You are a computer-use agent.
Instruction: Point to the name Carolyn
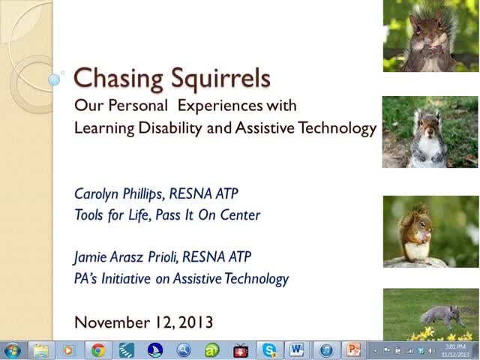click(98, 193)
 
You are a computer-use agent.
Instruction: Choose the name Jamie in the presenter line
click(90, 257)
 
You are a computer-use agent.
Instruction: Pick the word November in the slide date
click(109, 322)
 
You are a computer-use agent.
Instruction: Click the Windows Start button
click(12, 350)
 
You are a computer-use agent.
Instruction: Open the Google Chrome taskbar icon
click(97, 350)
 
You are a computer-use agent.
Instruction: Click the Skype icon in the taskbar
click(268, 350)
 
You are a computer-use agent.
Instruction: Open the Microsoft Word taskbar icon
click(297, 350)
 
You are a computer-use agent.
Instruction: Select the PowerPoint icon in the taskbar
click(353, 350)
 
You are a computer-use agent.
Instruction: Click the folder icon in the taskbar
click(40, 350)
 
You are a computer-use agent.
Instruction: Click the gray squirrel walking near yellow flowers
click(442, 315)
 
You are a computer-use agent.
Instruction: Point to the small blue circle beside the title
click(54, 77)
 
